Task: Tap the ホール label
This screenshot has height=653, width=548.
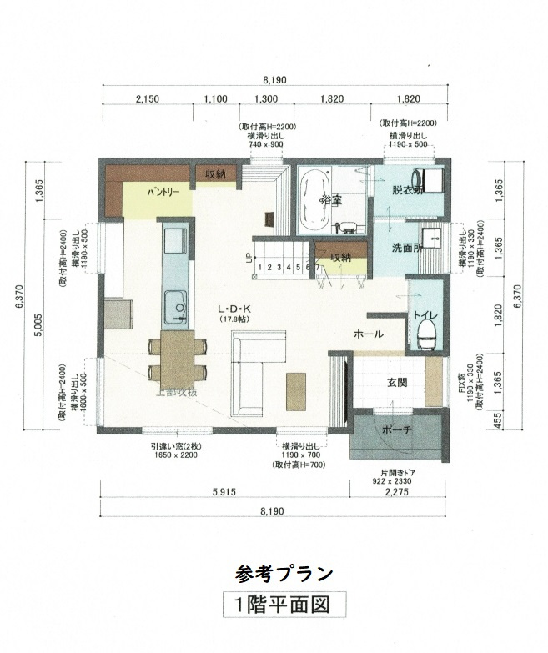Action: pos(369,334)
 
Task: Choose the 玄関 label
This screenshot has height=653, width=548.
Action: pos(396,383)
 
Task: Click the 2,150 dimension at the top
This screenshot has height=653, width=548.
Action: pos(147,98)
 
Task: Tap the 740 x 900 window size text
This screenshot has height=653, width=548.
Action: pos(266,144)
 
